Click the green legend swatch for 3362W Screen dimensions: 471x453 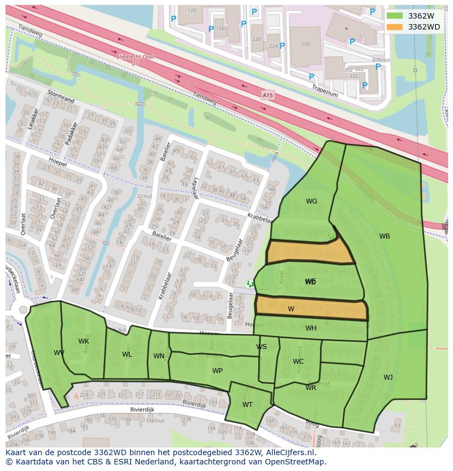(x=394, y=15)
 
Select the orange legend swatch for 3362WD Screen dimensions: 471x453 (x=394, y=27)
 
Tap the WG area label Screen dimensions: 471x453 (x=311, y=201)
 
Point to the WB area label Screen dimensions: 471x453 (x=385, y=236)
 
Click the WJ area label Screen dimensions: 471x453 (x=388, y=377)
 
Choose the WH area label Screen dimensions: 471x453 (x=311, y=328)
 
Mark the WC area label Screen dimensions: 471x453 (x=298, y=362)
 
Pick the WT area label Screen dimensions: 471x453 (x=247, y=405)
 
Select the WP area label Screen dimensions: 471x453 (x=217, y=371)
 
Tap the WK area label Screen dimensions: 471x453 (x=83, y=341)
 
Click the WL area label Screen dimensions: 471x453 (x=127, y=354)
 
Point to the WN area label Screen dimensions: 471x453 (x=159, y=356)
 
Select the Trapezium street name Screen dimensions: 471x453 (x=325, y=90)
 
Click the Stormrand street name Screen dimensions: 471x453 (x=60, y=96)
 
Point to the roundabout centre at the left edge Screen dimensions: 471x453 (x=23, y=310)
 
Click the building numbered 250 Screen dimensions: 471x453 (x=305, y=44)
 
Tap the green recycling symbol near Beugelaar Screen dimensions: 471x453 (x=250, y=283)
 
